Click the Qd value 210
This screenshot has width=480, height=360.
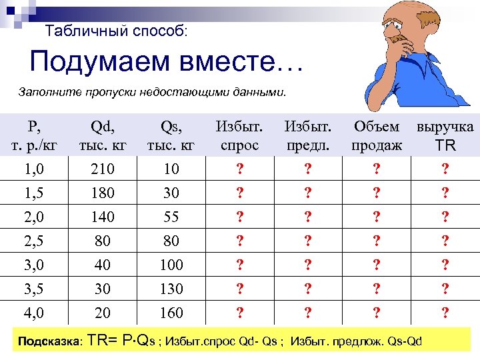103,169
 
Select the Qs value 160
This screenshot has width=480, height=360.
171,313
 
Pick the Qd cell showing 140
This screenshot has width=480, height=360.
103,217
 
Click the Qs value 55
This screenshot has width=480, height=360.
171,217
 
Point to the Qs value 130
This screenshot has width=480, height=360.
171,289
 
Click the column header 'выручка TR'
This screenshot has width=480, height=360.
445,135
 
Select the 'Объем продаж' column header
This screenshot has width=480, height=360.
377,135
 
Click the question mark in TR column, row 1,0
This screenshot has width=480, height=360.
445,169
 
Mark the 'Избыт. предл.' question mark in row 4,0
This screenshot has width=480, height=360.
307,313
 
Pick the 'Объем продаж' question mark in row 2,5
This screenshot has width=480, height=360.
377,241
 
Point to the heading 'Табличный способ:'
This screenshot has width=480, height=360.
117,31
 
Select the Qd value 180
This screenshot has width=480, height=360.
103,193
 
